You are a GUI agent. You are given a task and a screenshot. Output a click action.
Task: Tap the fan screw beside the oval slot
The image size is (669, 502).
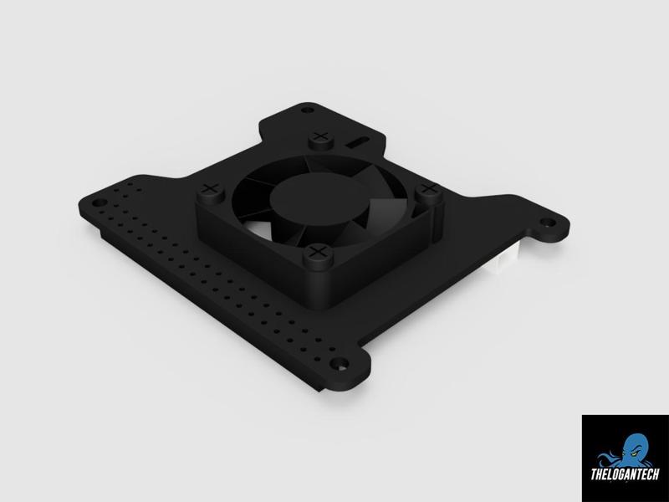(x=320, y=140)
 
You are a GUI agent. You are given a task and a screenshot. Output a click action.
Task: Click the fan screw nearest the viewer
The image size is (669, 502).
(x=319, y=254)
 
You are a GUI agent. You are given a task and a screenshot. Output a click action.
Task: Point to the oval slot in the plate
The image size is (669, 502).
(x=357, y=142)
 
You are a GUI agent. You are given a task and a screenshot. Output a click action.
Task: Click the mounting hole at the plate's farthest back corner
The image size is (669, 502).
(x=307, y=110)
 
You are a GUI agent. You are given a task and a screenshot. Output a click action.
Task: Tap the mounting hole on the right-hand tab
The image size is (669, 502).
(x=548, y=223)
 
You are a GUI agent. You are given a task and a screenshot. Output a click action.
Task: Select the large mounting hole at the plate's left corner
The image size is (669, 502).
(x=100, y=202)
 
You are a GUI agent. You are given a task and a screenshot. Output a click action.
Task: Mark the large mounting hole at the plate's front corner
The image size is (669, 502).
(x=340, y=364)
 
